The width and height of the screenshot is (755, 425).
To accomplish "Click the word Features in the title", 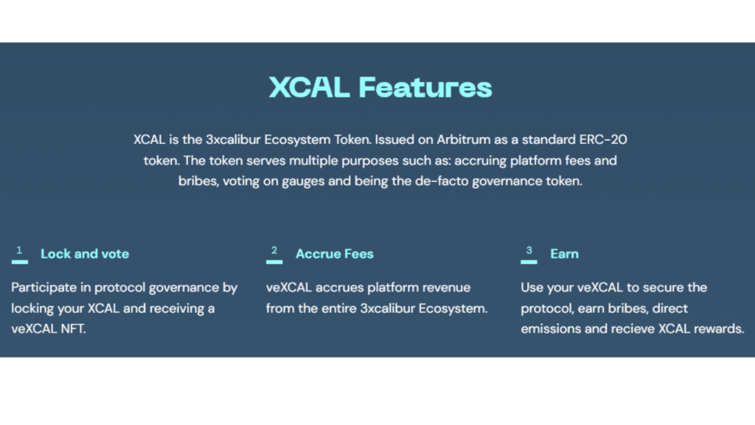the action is [x=425, y=87].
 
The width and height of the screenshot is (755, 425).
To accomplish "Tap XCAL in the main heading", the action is [x=309, y=87].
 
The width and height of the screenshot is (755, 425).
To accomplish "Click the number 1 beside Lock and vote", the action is [x=19, y=250].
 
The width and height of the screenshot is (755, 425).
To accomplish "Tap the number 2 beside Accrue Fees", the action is [x=274, y=250].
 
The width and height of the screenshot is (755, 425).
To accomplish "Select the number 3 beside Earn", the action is [x=529, y=250].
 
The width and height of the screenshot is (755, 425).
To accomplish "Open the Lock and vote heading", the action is [x=85, y=254].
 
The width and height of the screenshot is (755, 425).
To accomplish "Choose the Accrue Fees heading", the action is [x=334, y=254].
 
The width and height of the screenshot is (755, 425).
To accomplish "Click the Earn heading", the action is [x=564, y=254].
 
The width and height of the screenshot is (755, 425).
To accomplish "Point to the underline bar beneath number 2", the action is [x=274, y=262].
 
